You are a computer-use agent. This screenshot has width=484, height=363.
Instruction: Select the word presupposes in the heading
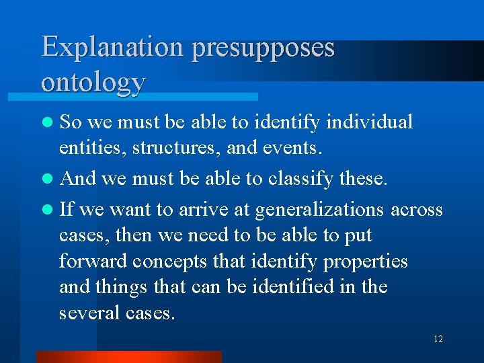click(263, 48)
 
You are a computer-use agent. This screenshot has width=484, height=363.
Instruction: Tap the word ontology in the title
click(93, 81)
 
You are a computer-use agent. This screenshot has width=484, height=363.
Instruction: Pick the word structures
click(167, 147)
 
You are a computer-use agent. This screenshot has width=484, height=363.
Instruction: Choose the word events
click(289, 147)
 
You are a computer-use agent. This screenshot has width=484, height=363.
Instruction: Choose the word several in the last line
click(87, 313)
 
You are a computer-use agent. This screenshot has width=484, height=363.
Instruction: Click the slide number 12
click(438, 339)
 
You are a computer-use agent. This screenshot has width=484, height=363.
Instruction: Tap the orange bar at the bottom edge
click(128, 357)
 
